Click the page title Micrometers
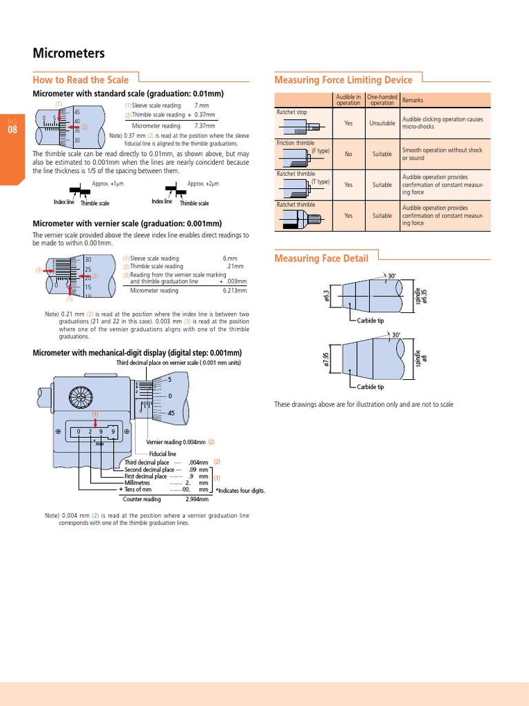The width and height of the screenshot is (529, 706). point(69,53)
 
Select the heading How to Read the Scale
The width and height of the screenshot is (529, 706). point(81,80)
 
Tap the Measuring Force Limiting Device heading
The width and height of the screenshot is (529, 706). point(343,80)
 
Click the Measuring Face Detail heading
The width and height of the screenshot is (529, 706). point(321,259)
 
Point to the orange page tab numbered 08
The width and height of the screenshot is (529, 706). point(12,129)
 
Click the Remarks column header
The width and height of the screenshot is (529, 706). point(413,100)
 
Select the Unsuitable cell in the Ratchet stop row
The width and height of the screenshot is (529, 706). point(382,123)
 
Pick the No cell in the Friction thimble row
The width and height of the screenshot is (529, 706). point(348,154)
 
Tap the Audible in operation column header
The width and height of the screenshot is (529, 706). point(348,100)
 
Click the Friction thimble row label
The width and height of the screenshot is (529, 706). point(295,143)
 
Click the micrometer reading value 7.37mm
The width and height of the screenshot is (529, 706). point(205,126)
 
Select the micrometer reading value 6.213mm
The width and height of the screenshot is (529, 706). point(234,291)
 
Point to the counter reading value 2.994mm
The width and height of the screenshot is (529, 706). point(197,499)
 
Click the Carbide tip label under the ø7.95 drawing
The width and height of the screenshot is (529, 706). point(371,387)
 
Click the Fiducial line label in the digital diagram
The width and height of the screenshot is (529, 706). point(163,454)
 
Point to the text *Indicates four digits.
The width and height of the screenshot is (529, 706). point(240,491)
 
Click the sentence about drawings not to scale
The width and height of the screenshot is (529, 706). point(364,404)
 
